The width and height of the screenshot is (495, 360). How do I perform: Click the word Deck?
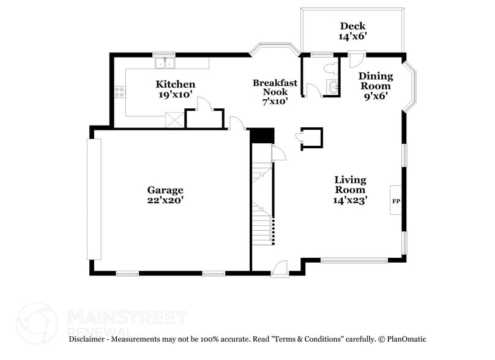(352, 26)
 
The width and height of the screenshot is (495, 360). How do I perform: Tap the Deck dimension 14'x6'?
(352, 36)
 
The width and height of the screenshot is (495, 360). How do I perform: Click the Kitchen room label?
(175, 84)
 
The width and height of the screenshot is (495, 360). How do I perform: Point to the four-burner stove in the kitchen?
(120, 92)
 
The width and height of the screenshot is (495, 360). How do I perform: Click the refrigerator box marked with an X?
(176, 120)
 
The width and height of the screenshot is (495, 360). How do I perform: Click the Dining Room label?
(375, 81)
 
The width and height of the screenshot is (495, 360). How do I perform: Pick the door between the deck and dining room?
(355, 59)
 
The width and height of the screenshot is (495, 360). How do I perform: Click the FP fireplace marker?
(396, 200)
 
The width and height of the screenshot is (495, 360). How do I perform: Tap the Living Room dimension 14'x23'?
(349, 200)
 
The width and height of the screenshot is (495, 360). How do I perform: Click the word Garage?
(165, 190)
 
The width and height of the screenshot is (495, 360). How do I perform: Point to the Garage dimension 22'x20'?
(165, 200)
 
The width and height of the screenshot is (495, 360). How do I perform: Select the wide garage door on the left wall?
(94, 198)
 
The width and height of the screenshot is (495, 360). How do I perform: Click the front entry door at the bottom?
(280, 268)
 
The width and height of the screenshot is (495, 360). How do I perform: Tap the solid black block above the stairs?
(262, 135)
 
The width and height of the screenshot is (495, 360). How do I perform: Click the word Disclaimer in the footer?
(88, 339)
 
